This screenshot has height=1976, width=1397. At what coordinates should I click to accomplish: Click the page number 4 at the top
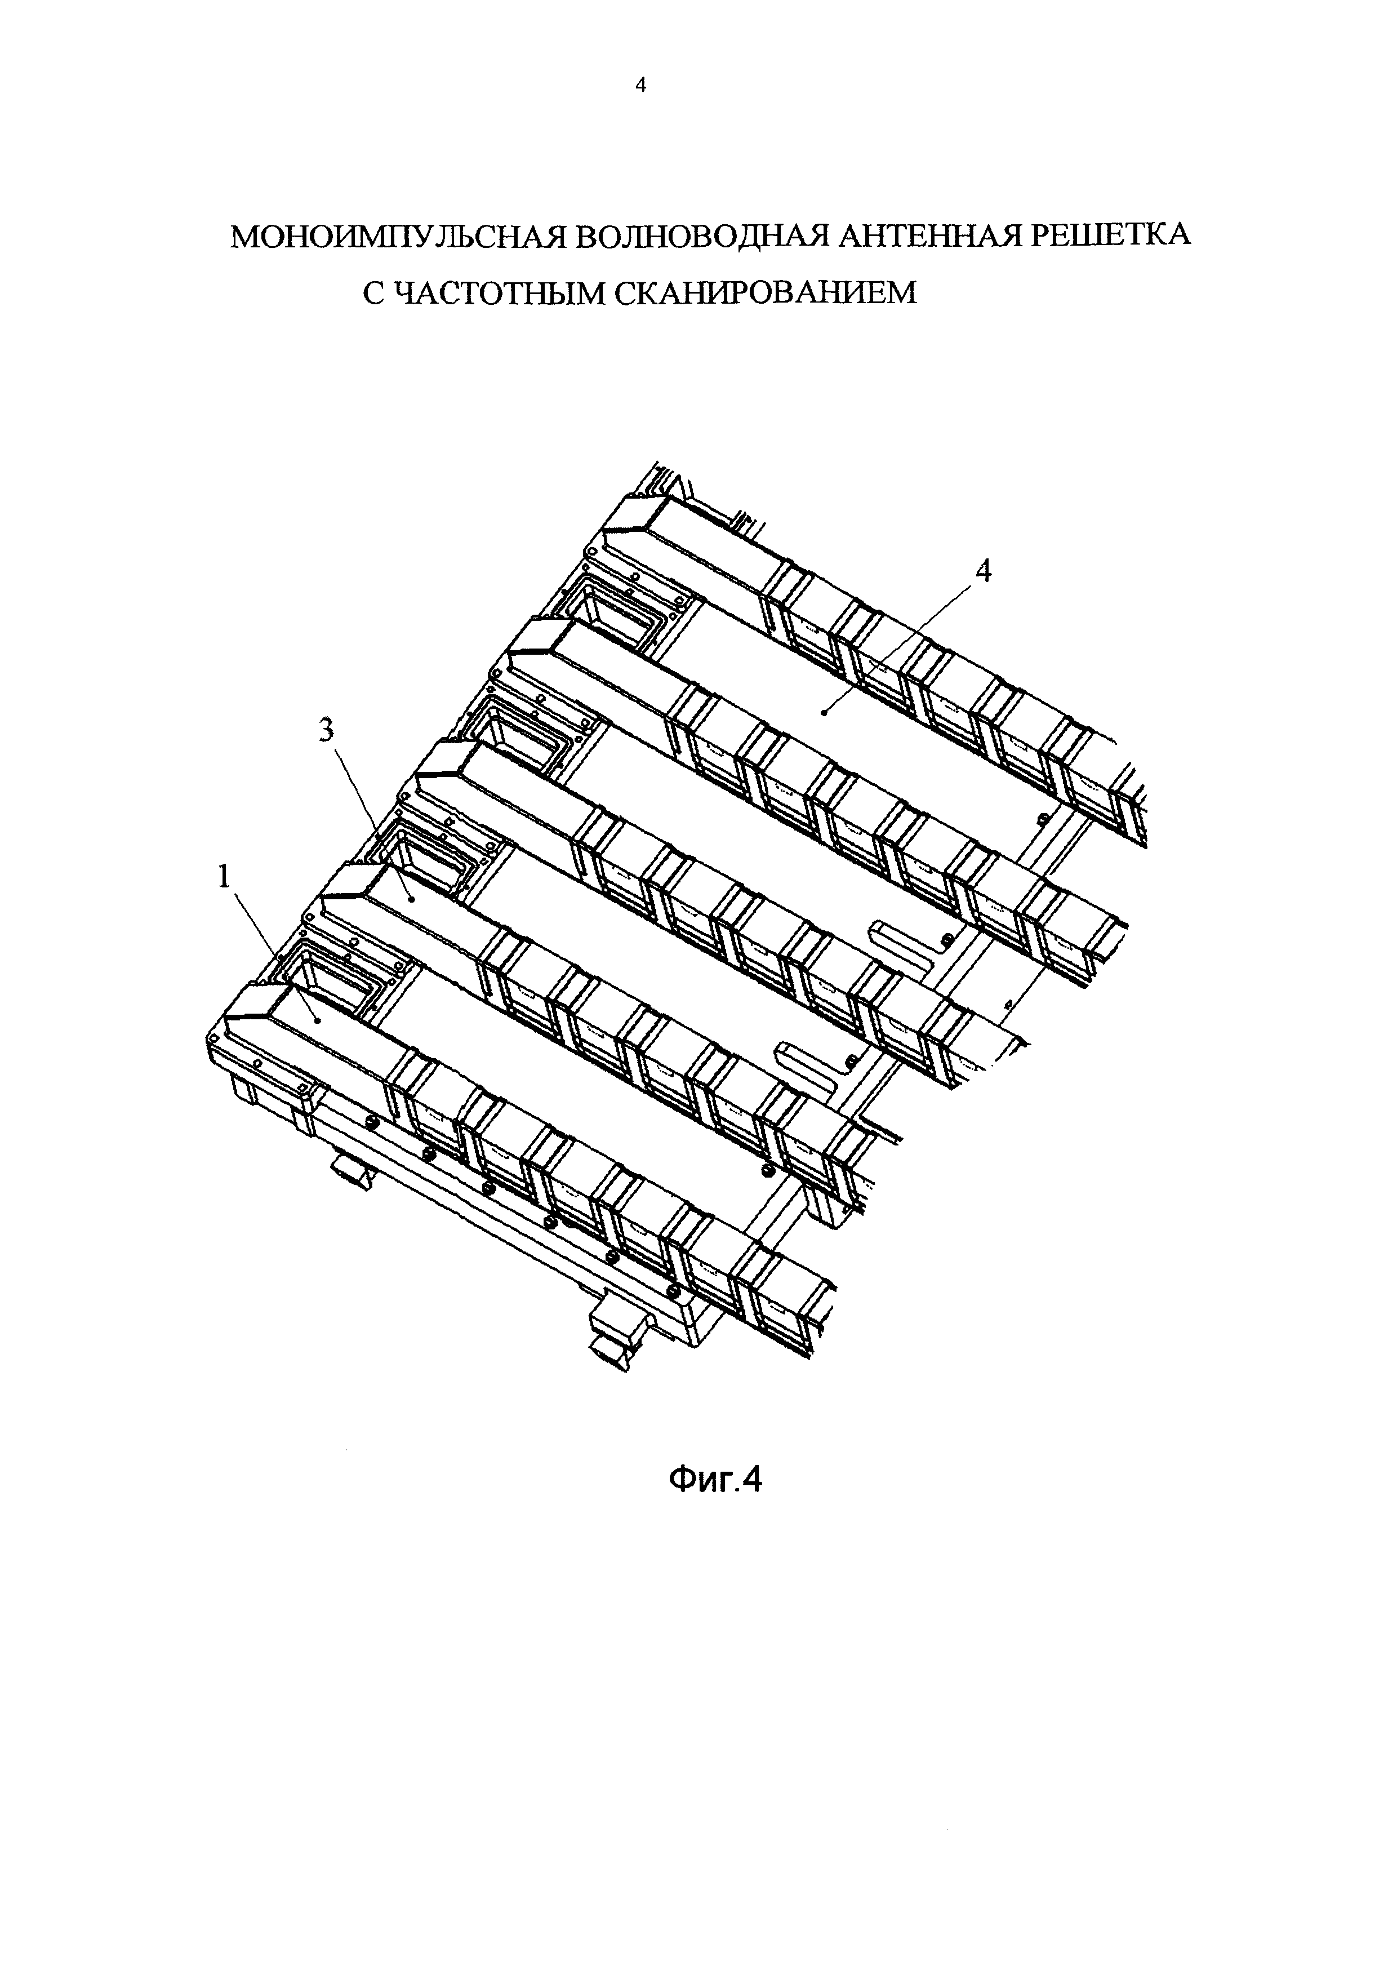pos(639,85)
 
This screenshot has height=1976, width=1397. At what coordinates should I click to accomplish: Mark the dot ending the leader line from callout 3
pos(412,899)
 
